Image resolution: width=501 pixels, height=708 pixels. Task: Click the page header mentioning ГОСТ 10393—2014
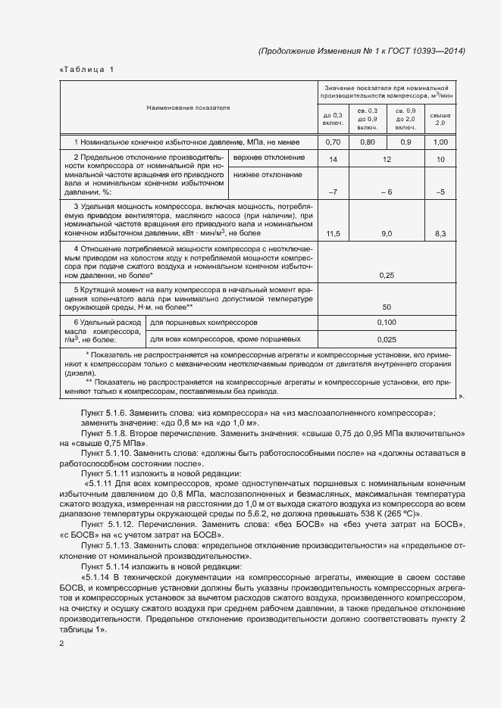[x=362, y=51]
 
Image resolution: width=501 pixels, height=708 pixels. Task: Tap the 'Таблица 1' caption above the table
[x=86, y=70]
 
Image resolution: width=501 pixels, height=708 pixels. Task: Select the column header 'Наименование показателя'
[x=188, y=108]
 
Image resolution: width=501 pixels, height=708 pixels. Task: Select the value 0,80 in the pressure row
[x=368, y=142]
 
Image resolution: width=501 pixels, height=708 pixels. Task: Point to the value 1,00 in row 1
[x=440, y=142]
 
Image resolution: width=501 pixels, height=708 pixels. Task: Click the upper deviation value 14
[x=333, y=160]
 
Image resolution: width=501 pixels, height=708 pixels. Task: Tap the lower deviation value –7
[x=333, y=192]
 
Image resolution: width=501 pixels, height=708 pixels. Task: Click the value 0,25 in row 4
[x=387, y=275]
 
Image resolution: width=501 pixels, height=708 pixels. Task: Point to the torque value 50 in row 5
[x=387, y=307]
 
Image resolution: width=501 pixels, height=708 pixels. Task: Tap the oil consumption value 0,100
[x=387, y=323]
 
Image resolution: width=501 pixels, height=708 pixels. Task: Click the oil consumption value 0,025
[x=387, y=339]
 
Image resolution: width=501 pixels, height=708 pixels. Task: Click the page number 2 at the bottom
[x=61, y=644]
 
